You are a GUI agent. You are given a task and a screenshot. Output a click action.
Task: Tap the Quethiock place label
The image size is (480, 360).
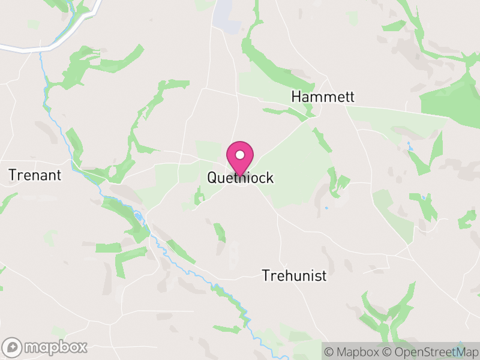[x=240, y=178]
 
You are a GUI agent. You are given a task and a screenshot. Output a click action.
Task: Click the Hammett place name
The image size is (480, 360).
[x=323, y=97]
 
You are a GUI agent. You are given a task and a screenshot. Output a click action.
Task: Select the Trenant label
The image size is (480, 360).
[x=35, y=175]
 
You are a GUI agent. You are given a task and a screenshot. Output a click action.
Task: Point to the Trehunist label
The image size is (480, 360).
[x=294, y=275]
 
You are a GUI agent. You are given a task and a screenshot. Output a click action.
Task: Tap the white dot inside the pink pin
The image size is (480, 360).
[x=240, y=155]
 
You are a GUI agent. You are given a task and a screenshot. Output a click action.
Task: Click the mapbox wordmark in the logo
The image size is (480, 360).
[x=55, y=347]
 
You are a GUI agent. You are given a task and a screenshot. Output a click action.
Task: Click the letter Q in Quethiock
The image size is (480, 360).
[x=212, y=178]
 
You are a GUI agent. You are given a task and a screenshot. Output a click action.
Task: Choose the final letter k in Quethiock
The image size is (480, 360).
[x=270, y=178]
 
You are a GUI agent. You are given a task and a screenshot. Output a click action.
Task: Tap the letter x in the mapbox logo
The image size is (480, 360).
[x=82, y=347]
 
